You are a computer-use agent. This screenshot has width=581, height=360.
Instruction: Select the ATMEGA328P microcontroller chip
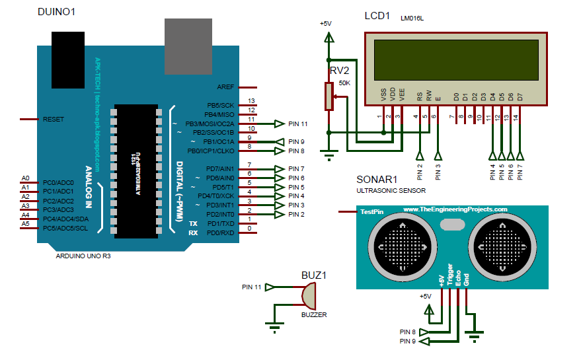pyautogui.click(x=136, y=170)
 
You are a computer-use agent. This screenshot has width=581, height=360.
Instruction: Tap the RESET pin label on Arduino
pyautogui.click(x=54, y=120)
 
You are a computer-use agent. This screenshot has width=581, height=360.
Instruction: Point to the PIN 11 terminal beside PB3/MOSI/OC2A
pyautogui.click(x=297, y=124)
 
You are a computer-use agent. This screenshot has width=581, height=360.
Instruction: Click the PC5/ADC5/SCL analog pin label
pyautogui.click(x=67, y=229)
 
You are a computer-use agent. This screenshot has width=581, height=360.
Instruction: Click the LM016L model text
pyautogui.click(x=412, y=19)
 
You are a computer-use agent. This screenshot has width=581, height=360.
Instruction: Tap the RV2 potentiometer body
pyautogui.click(x=327, y=96)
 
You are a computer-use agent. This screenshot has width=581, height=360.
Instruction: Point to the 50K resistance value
pyautogui.click(x=344, y=83)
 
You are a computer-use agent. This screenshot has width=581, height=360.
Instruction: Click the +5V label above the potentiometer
pyautogui.click(x=326, y=24)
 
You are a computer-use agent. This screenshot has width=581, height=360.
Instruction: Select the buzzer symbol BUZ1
pyautogui.click(x=309, y=295)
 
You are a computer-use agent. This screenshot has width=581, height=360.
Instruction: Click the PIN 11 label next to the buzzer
pyautogui.click(x=252, y=287)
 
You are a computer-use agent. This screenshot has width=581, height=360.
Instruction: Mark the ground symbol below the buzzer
pyautogui.click(x=274, y=324)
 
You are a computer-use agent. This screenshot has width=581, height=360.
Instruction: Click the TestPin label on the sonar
pyautogui.click(x=371, y=212)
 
